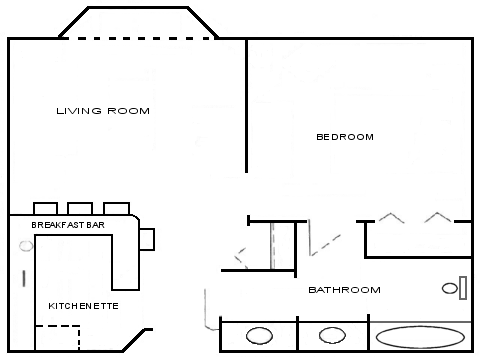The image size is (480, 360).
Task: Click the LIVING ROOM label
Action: point(103,111)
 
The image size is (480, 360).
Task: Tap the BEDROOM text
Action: point(345,137)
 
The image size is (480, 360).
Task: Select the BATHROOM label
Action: point(344,290)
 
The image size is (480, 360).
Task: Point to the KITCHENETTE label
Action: point(83,305)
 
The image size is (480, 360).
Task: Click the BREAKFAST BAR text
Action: point(68,226)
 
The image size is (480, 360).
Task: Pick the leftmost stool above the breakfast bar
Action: point(46,208)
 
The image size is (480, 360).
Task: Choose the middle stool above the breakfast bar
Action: point(82,208)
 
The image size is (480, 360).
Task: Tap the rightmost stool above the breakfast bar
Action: point(117,208)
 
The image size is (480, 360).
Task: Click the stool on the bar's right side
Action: point(147,238)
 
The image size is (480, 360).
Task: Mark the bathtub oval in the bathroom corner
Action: point(419,336)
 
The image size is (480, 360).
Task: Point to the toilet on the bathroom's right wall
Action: point(452,288)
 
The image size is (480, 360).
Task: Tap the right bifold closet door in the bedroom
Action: point(437,216)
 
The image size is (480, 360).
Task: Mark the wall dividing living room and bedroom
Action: point(247,105)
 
